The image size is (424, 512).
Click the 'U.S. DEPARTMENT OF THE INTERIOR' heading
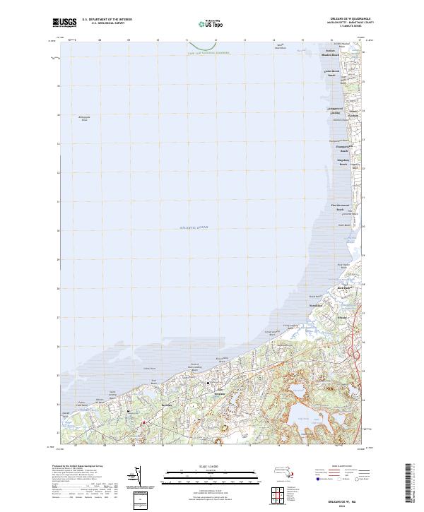[x=107, y=19]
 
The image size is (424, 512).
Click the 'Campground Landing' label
[x=334, y=111]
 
